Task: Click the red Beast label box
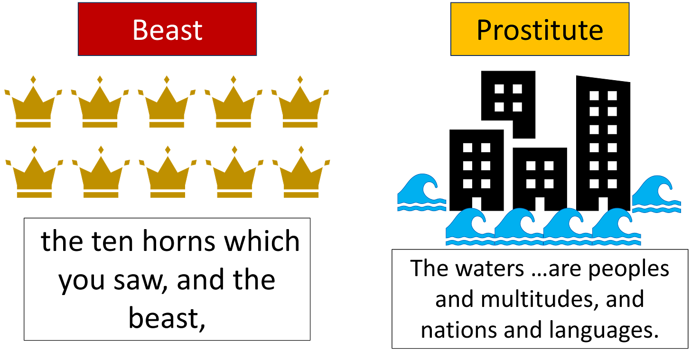point(168,29)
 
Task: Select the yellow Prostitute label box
point(540,29)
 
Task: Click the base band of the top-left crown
point(33,125)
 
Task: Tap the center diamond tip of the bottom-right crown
point(301,150)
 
